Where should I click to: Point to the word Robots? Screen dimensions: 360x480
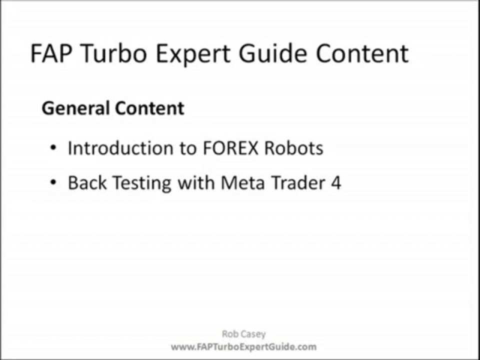[294, 148]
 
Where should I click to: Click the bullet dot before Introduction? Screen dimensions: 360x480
[53, 149]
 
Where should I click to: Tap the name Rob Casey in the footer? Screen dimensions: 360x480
[243, 334]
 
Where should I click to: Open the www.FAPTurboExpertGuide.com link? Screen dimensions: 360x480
[243, 346]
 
